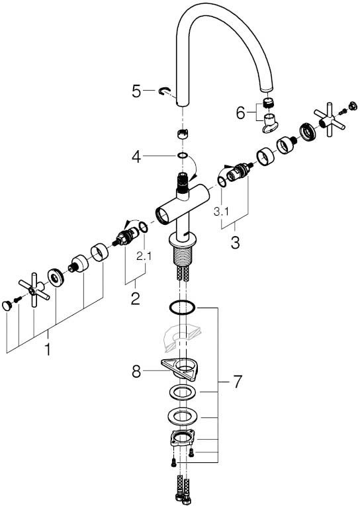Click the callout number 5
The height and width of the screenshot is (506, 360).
pyautogui.click(x=136, y=91)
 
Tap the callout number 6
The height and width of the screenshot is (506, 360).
pyautogui.click(x=240, y=113)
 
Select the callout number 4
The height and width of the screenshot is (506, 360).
pyautogui.click(x=136, y=157)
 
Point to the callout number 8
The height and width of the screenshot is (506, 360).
pyautogui.click(x=136, y=372)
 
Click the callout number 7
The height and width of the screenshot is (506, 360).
pyautogui.click(x=238, y=382)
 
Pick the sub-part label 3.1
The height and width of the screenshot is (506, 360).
pyautogui.click(x=221, y=212)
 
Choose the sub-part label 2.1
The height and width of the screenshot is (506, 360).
pyautogui.click(x=144, y=256)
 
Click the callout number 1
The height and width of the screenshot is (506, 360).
pyautogui.click(x=48, y=349)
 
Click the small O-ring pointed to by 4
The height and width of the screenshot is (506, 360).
pyautogui.click(x=182, y=156)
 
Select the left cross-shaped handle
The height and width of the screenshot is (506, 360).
pyautogui.click(x=34, y=290)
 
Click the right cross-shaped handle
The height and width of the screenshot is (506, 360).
pyautogui.click(x=329, y=119)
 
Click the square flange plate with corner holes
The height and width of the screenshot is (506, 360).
pyautogui.click(x=183, y=438)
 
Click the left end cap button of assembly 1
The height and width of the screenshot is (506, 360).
pyautogui.click(x=7, y=306)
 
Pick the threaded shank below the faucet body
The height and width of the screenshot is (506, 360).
pyautogui.click(x=183, y=256)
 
